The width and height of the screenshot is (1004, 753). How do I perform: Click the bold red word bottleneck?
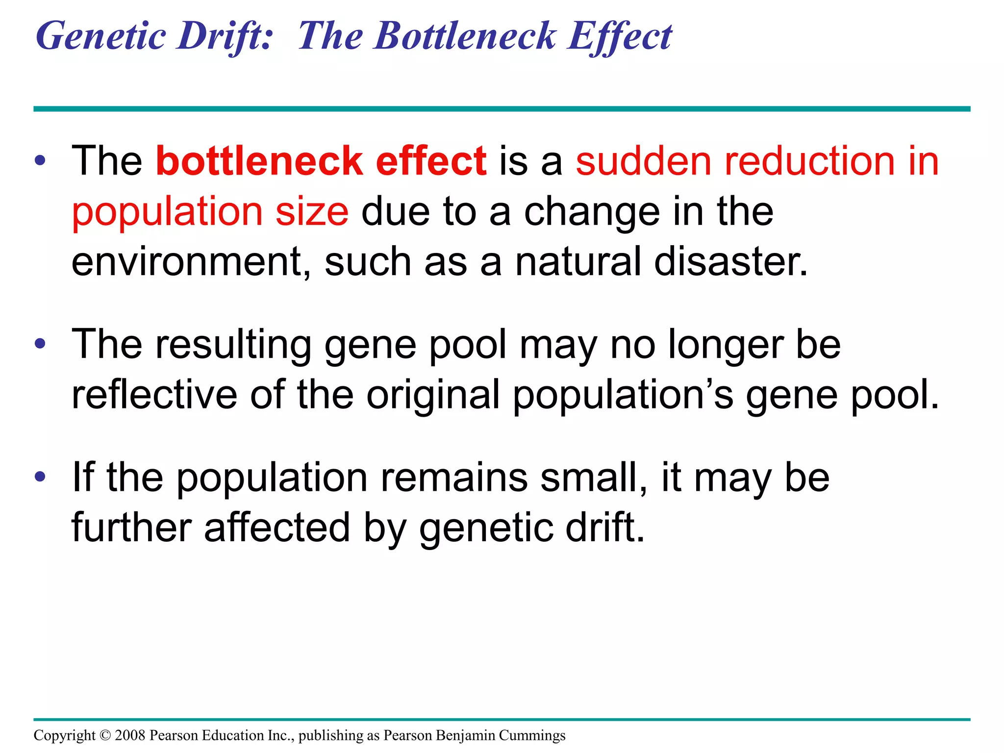coord(259,161)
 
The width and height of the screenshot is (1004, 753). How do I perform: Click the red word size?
coord(312,212)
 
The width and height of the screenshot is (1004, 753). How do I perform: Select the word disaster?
coord(730,262)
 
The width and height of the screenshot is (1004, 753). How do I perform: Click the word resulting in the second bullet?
coord(233,345)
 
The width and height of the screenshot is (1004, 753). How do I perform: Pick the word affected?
coord(277,527)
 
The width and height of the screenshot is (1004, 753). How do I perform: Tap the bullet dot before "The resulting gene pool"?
coord(40,344)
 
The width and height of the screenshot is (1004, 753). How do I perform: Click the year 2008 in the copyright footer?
coord(130,735)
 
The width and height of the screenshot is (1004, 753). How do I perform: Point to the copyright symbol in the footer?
coord(105,735)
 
